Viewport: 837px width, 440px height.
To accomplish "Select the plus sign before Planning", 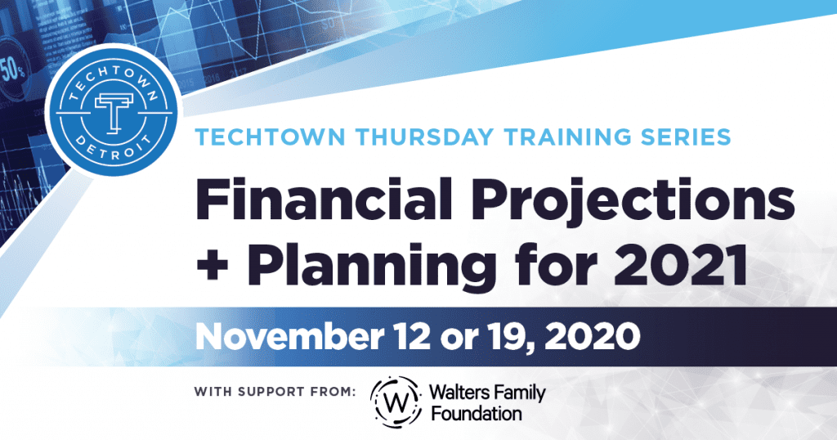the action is [x=213, y=265].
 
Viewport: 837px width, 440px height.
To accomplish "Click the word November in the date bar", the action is [x=289, y=336].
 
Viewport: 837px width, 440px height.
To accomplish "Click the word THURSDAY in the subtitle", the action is [x=425, y=137].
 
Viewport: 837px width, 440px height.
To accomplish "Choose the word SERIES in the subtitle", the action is [x=686, y=137].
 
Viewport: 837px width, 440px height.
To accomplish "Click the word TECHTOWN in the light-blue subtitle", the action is [x=270, y=137].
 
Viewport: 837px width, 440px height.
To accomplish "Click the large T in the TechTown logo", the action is [x=114, y=113].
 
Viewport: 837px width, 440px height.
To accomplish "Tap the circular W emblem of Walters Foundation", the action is [x=396, y=402].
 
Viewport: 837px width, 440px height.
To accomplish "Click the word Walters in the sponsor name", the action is [x=458, y=393].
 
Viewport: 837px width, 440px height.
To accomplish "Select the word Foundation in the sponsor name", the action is [x=477, y=413].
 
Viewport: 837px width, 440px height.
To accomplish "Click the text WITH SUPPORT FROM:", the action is [x=275, y=392].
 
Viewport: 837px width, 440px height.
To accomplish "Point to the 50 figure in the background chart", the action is [x=11, y=70].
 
